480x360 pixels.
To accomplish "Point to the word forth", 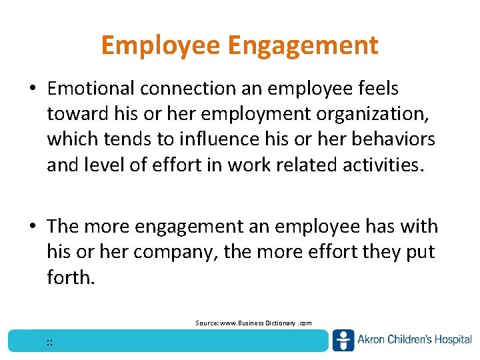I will (71, 277).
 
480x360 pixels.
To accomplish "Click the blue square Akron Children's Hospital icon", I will (343, 340).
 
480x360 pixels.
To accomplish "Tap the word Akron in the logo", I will (373, 340).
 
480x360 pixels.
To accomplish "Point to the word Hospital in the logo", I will (452, 340).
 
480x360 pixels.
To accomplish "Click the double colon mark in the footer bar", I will (50, 343).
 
